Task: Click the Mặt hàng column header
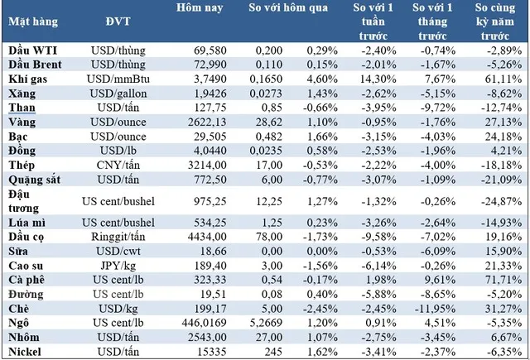pyautogui.click(x=33, y=22)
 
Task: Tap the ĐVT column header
pyautogui.click(x=118, y=22)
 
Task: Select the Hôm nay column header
pyautogui.click(x=200, y=7)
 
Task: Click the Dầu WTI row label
pyautogui.click(x=33, y=50)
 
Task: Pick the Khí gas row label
pyautogui.click(x=27, y=79)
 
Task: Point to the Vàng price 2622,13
pyautogui.click(x=207, y=122)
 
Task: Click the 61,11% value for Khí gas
pyautogui.click(x=503, y=79)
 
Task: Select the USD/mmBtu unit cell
pyautogui.click(x=118, y=79)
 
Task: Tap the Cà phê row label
pyautogui.click(x=26, y=280)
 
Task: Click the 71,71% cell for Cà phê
pyautogui.click(x=503, y=280)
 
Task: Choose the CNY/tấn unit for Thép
pyautogui.click(x=118, y=166)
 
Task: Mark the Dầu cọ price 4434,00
pyautogui.click(x=207, y=237)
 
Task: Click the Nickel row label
pyautogui.click(x=25, y=352)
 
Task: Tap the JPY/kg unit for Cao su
pyautogui.click(x=118, y=266)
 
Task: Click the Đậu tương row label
pyautogui.click(x=24, y=201)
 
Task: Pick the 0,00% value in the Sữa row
pyautogui.click(x=322, y=252)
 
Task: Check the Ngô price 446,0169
pyautogui.click(x=204, y=323)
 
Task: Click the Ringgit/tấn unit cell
pyautogui.click(x=118, y=237)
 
